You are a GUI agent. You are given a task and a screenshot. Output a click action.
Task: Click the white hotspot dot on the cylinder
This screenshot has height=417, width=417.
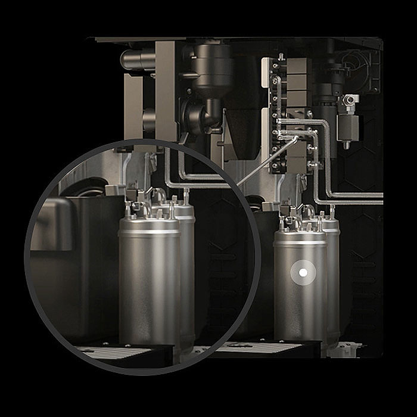tap(303, 273)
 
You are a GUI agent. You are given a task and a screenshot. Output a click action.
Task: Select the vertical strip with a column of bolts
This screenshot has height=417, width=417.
tap(275, 113)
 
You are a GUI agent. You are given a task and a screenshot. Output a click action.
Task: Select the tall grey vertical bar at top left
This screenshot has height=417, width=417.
tap(165, 89)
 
